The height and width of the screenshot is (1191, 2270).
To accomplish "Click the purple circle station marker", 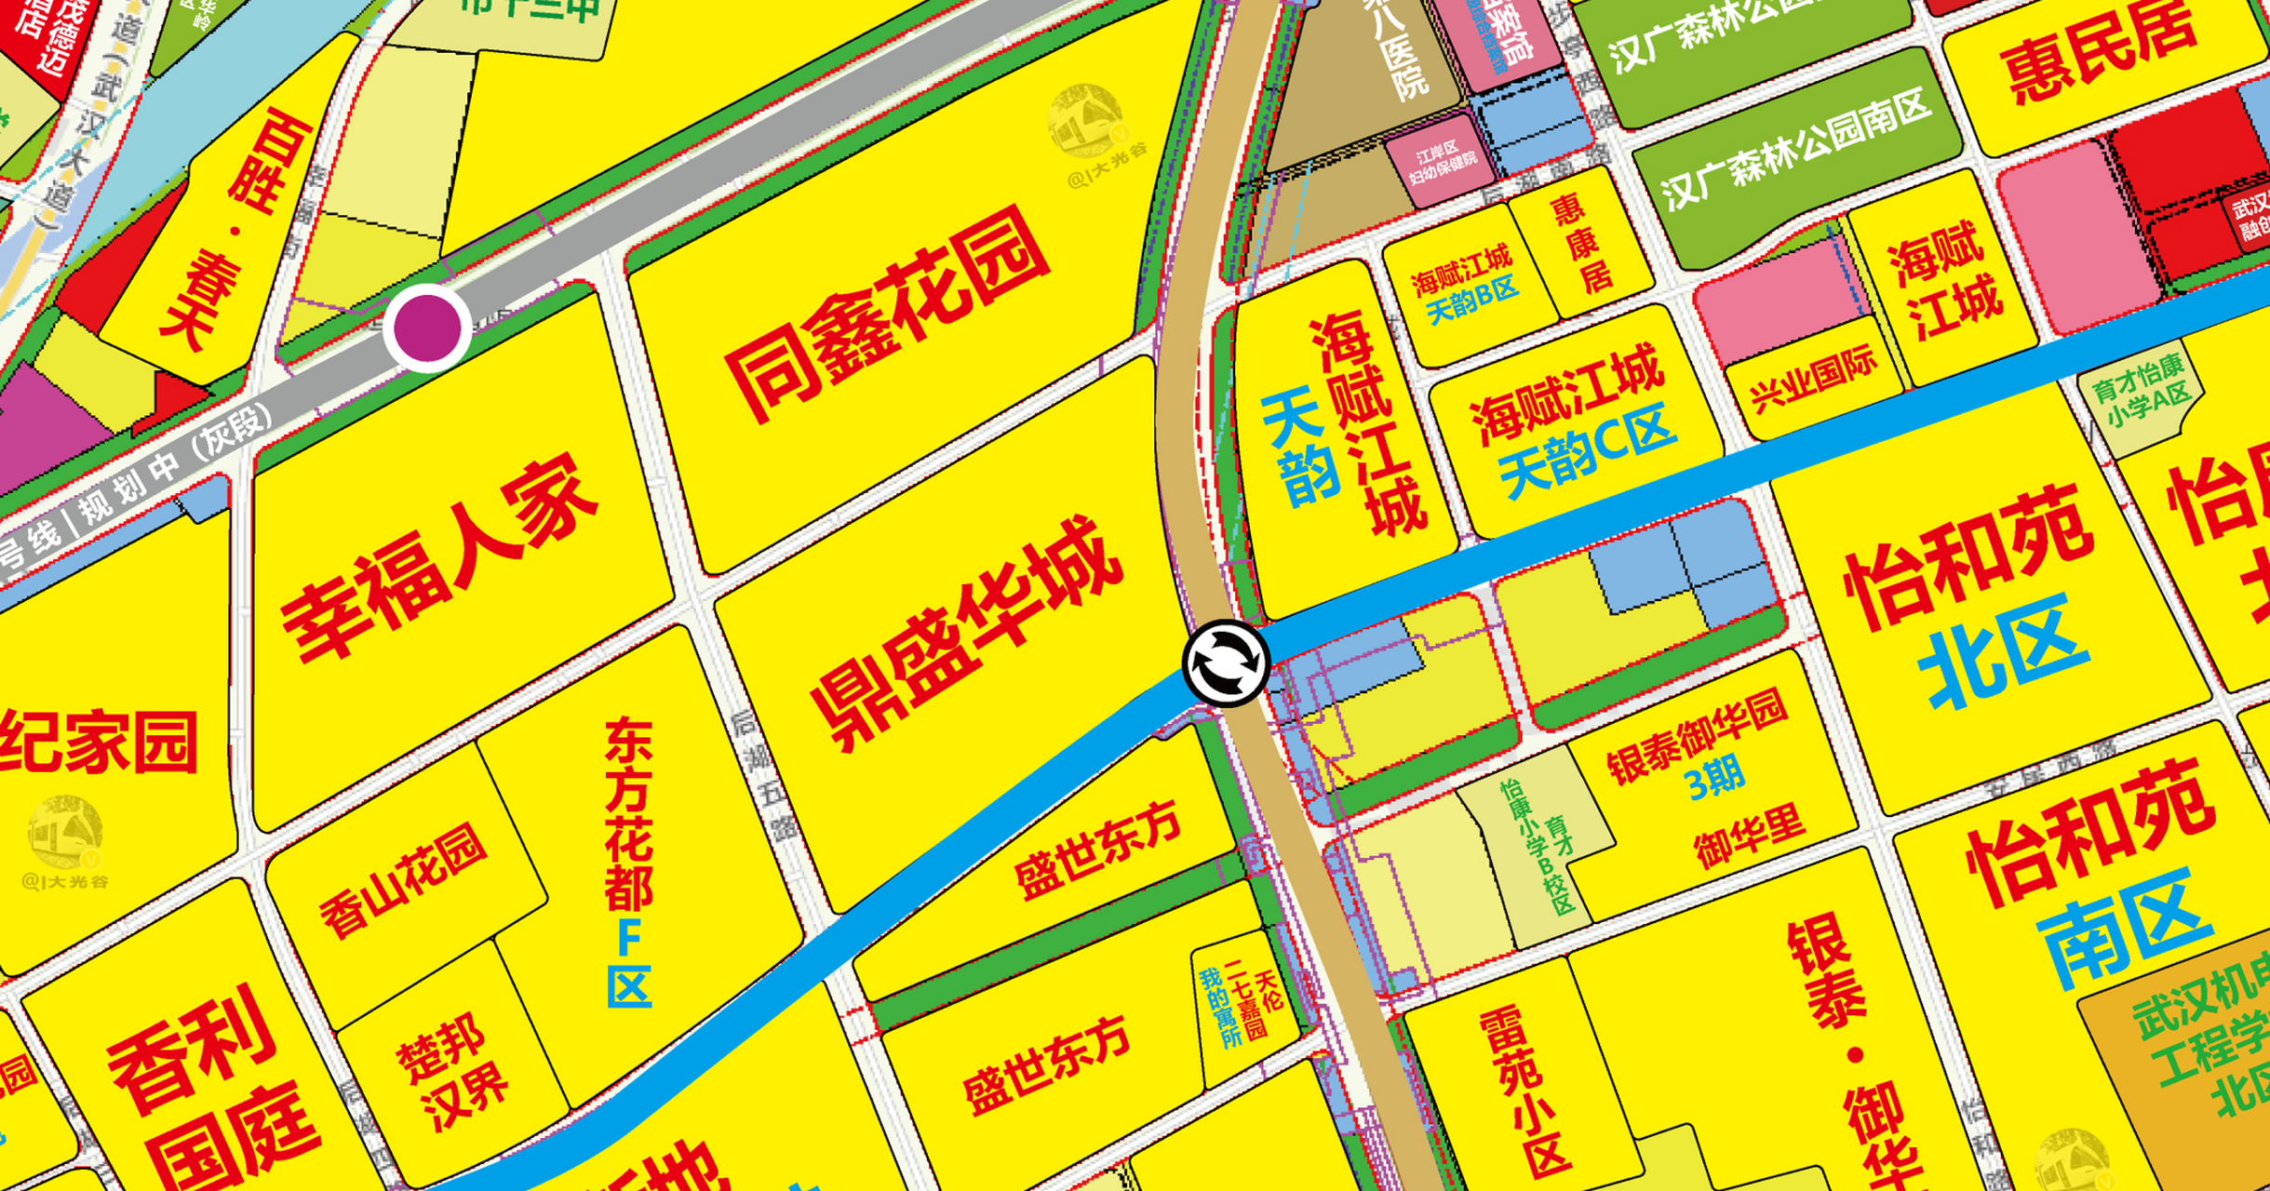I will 427,328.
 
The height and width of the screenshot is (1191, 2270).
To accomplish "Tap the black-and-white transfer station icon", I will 1226,662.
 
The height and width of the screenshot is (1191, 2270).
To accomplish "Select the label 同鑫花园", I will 888,313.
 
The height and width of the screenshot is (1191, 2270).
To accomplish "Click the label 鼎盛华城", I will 968,633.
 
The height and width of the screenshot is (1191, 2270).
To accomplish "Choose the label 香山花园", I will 403,878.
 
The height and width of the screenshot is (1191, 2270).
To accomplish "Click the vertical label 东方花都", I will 629,813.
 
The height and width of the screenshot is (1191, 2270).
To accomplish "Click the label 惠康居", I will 1578,242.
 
